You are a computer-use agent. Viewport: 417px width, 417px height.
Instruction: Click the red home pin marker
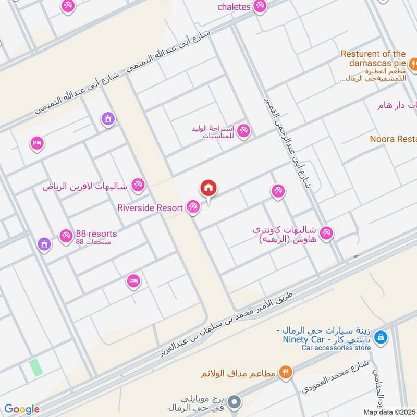coord(208,188)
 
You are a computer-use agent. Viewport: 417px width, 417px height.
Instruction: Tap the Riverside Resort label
coord(150,208)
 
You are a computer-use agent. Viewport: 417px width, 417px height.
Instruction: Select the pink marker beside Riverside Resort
coord(193,208)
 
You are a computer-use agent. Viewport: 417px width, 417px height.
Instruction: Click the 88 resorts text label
coord(96,233)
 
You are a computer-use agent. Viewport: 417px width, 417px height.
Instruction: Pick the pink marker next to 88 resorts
coord(66,236)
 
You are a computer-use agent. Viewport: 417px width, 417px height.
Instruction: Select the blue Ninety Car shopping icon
coord(382,337)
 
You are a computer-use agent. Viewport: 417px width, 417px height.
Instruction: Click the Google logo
coord(22,409)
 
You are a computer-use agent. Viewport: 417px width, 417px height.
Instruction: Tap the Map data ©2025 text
coord(389,412)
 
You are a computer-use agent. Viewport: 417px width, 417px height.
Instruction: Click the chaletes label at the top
coord(234,6)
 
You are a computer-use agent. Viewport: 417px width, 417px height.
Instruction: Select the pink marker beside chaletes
coord(260,6)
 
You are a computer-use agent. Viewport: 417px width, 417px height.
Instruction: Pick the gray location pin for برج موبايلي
coord(235,402)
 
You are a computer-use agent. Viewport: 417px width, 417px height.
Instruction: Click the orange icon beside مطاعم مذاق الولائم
coord(286,372)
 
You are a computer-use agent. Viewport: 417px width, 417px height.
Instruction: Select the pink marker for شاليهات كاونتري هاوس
coord(326,232)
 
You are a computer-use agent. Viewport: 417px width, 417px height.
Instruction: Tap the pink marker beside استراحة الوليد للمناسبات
coord(243,131)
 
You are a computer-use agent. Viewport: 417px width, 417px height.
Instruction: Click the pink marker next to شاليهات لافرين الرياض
coord(138,185)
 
